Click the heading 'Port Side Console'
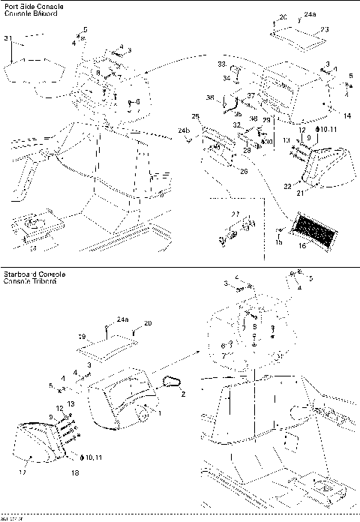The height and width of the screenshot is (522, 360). coord(34,7)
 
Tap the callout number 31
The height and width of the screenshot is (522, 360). coord(8,38)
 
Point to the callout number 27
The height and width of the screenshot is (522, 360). coord(235,214)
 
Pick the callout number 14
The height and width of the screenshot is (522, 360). coord(346,115)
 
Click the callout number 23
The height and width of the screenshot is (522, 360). coord(324,29)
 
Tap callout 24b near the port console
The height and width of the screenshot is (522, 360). coord(183,131)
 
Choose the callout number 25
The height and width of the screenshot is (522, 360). coord(195,117)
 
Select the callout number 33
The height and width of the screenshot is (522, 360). coord(222,64)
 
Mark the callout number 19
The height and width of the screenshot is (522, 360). coord(82,337)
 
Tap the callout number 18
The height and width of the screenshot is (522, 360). coord(75,473)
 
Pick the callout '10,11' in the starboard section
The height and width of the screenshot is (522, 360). coord(93,457)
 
